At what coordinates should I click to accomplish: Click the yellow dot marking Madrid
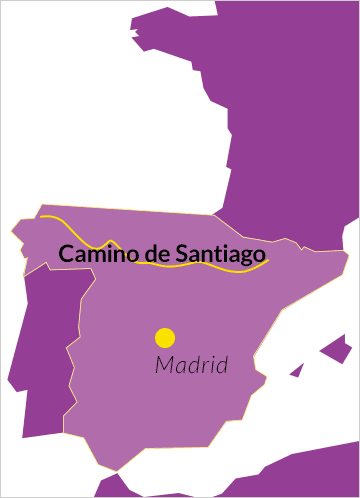click(165, 337)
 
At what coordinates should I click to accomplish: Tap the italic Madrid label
click(191, 365)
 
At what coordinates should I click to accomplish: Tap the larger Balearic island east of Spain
click(335, 350)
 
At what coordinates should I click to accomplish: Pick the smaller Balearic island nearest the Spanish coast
click(296, 370)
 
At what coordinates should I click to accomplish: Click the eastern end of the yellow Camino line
click(269, 261)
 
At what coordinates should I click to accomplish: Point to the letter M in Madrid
click(164, 365)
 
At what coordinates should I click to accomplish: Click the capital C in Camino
click(66, 254)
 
